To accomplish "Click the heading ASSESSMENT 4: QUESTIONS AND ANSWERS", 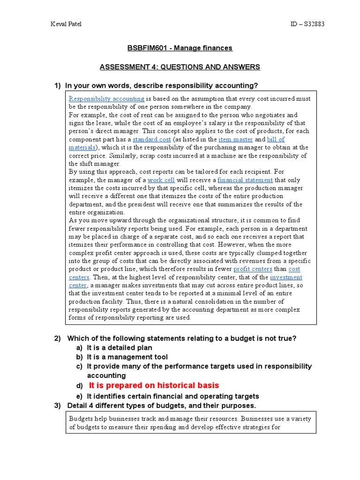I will tap(180, 67).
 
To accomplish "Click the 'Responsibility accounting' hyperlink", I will tap(106, 99).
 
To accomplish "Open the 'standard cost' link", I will tap(151, 139).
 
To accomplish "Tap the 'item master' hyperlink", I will tap(236, 139).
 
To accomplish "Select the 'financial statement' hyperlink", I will tap(245, 180).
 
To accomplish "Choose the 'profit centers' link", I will tap(253, 269).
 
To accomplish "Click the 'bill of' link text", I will tap(276, 139).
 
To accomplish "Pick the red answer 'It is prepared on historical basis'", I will tap(154, 385).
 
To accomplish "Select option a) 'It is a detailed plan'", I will tap(119, 348).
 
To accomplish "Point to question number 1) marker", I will tap(58, 85).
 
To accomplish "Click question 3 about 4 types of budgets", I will tap(161, 405).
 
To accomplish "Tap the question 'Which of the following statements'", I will tap(182, 338).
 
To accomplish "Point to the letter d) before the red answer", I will tap(79, 386).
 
